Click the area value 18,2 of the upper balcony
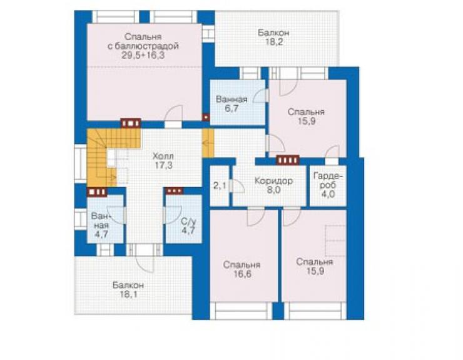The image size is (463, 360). (x=273, y=42)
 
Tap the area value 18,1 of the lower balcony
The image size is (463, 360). (x=128, y=294)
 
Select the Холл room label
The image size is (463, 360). (x=163, y=156)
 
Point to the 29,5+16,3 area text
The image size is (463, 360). (x=143, y=55)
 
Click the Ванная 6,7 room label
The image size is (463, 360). (x=232, y=103)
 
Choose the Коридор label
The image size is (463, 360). (x=273, y=180)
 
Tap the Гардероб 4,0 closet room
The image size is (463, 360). (x=328, y=185)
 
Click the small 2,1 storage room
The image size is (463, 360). (x=220, y=186)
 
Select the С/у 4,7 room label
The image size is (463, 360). (x=188, y=226)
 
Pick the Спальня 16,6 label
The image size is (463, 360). (x=242, y=269)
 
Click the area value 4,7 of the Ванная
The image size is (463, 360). (x=101, y=234)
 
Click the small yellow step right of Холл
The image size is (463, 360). (x=208, y=143)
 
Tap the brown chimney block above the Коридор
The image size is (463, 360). (x=288, y=160)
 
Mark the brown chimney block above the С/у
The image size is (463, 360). (x=174, y=191)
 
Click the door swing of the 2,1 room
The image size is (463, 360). (x=238, y=186)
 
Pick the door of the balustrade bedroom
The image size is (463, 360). (x=174, y=114)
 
